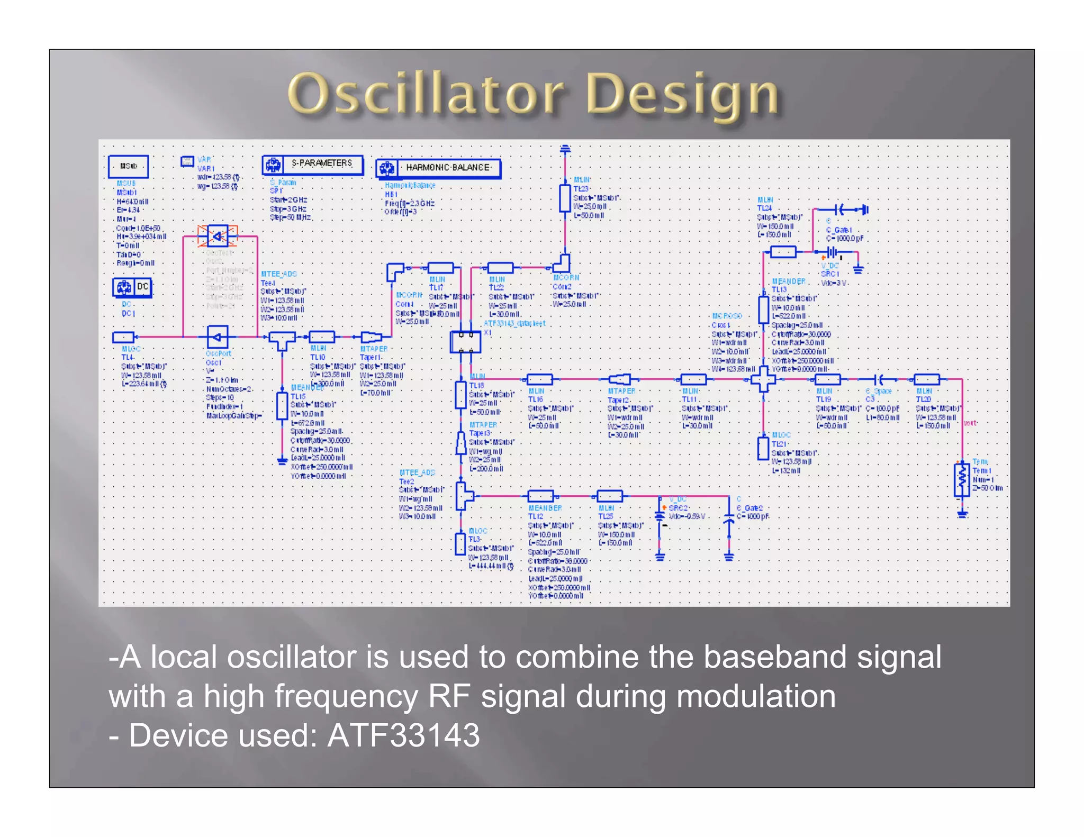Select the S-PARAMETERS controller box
313,165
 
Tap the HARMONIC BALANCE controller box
438,168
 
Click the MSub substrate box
128,166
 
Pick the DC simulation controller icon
132,287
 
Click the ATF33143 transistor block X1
465,342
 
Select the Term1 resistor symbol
962,480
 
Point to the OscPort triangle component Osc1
217,336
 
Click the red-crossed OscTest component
217,236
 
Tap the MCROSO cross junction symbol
763,379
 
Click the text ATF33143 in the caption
403,735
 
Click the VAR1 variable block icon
187,161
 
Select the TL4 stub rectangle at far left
123,337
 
